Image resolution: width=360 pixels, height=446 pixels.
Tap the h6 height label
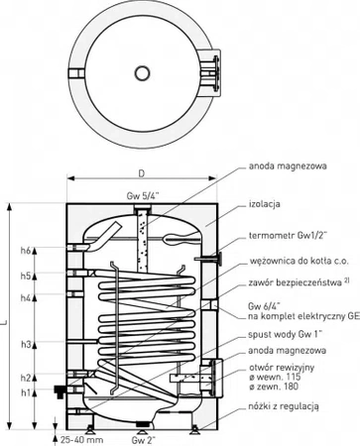point(29,251)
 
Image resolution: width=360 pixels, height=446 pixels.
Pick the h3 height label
point(29,344)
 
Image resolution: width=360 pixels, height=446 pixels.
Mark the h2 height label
point(29,378)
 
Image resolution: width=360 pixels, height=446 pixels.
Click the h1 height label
point(29,393)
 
